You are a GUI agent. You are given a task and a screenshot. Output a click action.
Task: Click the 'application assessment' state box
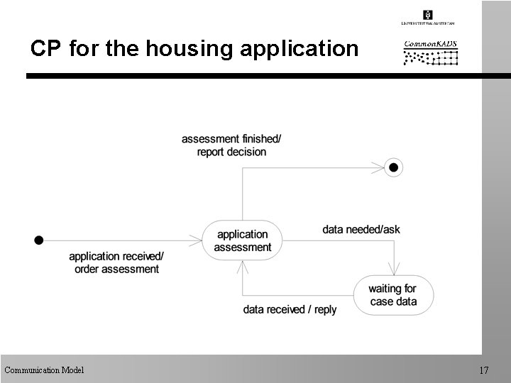tap(243, 240)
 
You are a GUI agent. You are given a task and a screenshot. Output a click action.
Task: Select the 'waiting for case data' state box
tap(392, 295)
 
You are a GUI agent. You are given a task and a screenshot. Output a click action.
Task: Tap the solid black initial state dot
tap(39, 240)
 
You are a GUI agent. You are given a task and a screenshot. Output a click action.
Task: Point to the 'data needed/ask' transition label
tap(361, 230)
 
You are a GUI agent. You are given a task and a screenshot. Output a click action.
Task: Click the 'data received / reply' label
tap(290, 309)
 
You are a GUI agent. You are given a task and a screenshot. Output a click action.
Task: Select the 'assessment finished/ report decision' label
tap(224, 145)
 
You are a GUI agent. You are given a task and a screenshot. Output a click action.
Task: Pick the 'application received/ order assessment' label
tap(116, 262)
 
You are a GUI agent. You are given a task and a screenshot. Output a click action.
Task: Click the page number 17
tap(484, 370)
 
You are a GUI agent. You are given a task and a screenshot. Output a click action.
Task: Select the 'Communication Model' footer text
tap(44, 370)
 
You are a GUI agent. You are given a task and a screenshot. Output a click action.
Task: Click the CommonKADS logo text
tap(430, 43)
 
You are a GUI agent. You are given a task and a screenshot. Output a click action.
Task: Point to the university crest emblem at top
tap(427, 15)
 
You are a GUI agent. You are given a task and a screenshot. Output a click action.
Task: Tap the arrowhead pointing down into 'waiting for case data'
tap(393, 271)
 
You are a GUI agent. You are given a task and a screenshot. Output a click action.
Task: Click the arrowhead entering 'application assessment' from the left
tap(198, 240)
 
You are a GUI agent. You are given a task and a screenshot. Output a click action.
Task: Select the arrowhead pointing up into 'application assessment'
tap(243, 265)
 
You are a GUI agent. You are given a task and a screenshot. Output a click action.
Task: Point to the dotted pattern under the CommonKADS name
tap(431, 57)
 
